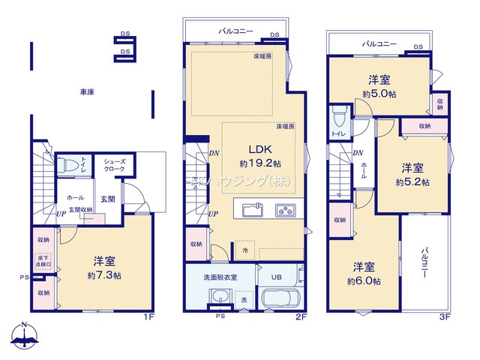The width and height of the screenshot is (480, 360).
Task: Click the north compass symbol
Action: pyautogui.click(x=25, y=337)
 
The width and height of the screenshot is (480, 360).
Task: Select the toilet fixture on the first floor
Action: pyautogui.click(x=67, y=165)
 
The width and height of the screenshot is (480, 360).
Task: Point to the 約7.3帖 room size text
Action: pyautogui.click(x=104, y=275)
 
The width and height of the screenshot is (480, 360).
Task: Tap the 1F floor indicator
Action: pyautogui.click(x=148, y=318)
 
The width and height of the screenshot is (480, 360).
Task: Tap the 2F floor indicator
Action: pyautogui.click(x=301, y=318)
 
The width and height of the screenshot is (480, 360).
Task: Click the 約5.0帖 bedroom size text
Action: pyautogui.click(x=379, y=94)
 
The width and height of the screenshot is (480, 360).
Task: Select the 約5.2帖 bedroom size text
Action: pyautogui.click(x=414, y=181)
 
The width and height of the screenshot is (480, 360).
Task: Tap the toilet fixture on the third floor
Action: pyautogui.click(x=337, y=118)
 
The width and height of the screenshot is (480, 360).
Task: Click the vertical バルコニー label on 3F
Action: pyautogui.click(x=424, y=259)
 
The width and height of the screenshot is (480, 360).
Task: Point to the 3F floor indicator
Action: pyautogui.click(x=444, y=318)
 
